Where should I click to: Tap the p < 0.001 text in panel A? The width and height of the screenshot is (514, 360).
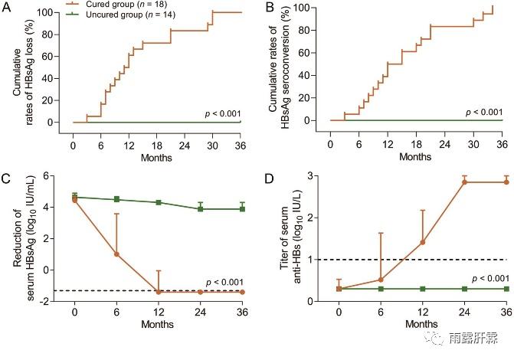point(223,113)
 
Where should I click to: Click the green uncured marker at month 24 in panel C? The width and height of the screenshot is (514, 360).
point(201,209)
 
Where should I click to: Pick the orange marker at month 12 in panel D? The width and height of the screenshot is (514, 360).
point(423,242)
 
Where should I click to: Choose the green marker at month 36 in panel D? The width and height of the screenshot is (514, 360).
point(506,289)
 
